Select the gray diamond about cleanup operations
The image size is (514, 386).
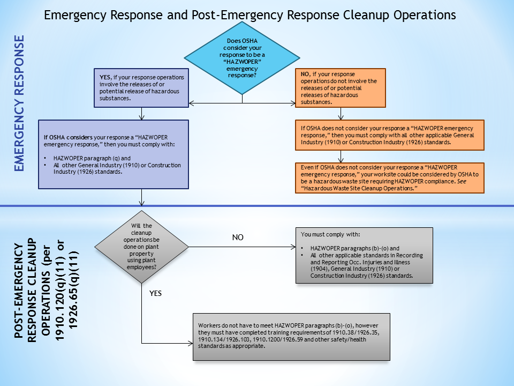141,247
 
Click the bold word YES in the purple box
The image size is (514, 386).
105,77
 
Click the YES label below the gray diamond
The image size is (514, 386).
154,293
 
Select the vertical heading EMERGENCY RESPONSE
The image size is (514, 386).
19,103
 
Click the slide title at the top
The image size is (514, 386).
250,15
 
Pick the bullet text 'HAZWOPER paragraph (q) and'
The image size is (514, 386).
92,158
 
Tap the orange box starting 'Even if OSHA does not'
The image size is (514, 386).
389,177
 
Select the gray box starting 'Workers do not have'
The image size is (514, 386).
291,336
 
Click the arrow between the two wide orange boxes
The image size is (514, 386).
341,155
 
